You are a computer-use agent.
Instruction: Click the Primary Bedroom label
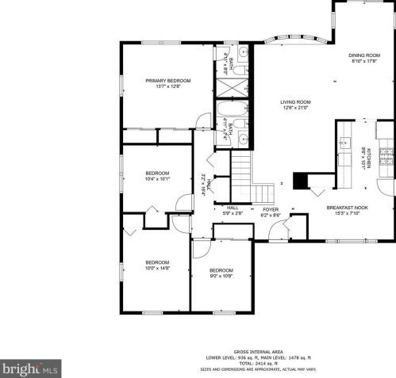167,80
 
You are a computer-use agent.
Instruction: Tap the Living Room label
294,101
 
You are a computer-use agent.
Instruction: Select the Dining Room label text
365,55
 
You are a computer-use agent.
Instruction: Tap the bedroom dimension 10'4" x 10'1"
157,178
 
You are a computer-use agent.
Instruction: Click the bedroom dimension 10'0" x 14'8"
157,268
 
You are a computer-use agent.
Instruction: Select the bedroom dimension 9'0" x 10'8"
221,275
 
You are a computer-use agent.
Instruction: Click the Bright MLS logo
30,368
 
